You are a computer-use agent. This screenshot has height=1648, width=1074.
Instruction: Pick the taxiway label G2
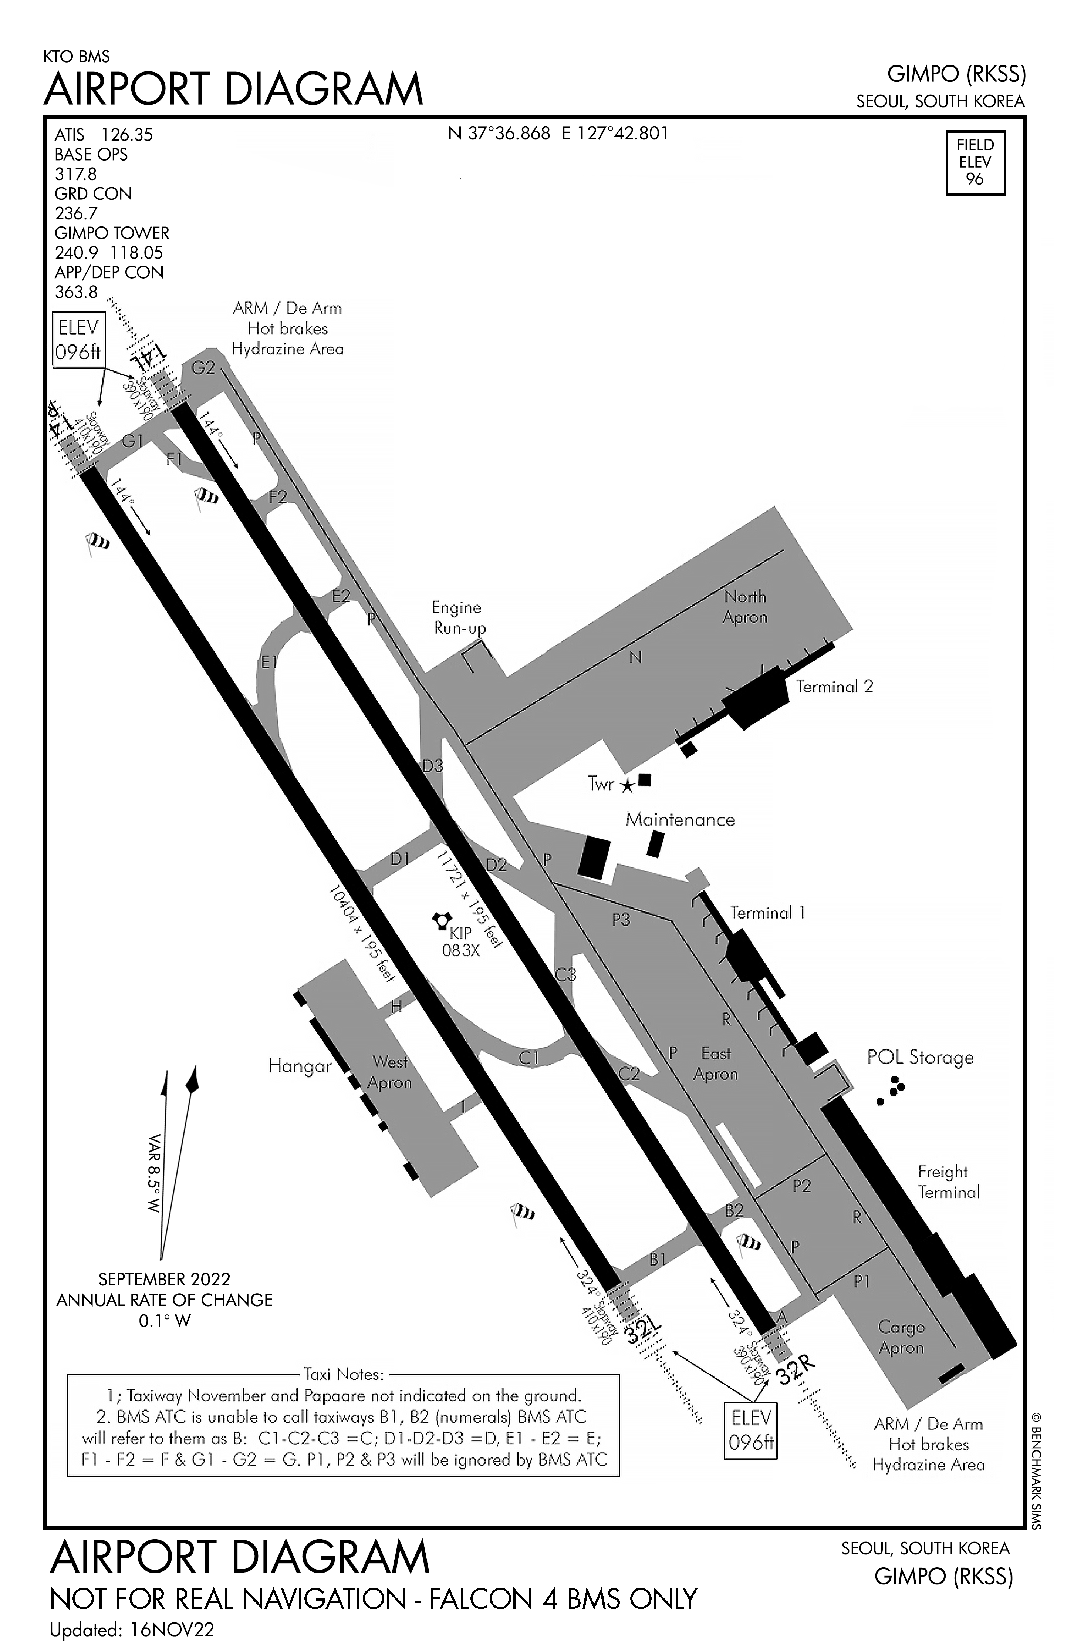point(203,368)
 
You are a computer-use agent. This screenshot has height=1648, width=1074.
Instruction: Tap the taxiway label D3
point(433,766)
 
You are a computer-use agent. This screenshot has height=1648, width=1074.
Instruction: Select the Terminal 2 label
point(834,687)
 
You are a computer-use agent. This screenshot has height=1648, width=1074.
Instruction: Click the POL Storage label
point(919,1057)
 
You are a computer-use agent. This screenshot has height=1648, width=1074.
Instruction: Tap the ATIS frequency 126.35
point(127,134)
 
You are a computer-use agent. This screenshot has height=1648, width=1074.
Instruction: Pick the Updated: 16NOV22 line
point(132,1629)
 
